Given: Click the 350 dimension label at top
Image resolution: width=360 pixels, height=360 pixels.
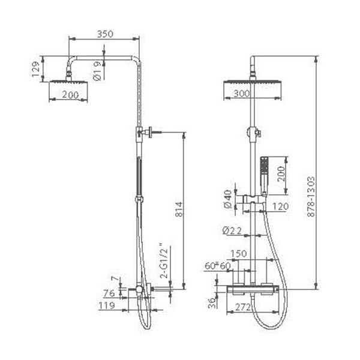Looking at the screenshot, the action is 105,34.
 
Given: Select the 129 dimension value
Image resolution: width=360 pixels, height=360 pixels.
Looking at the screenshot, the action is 36,69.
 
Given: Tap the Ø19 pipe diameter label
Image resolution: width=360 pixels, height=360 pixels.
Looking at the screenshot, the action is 97,71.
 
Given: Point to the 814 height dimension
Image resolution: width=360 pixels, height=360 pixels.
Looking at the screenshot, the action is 179,209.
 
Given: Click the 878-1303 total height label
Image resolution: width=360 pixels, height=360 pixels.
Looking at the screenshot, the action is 311,197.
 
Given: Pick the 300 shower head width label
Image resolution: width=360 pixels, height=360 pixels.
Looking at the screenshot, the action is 242,94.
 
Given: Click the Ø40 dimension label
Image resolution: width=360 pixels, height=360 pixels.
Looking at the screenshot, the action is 228,199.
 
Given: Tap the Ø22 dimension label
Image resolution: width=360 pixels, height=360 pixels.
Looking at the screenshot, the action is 232,230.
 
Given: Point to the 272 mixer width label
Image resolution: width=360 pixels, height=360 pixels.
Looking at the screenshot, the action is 243,307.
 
